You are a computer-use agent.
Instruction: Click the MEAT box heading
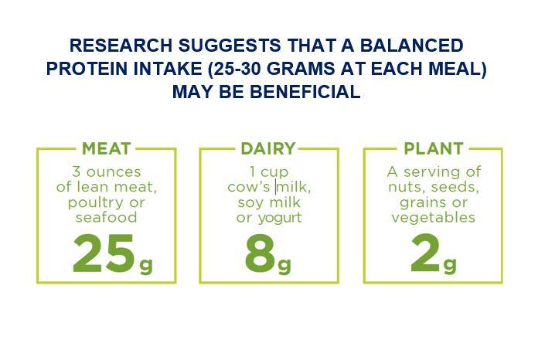107,149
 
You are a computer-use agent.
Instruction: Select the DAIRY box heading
268,149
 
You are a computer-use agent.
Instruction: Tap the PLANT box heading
434,149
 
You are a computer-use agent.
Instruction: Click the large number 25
104,253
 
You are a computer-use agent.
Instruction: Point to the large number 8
261,253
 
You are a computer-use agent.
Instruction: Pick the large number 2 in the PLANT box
425,253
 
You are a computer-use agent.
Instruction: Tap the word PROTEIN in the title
87,69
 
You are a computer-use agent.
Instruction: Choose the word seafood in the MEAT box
107,218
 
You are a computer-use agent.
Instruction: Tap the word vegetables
433,218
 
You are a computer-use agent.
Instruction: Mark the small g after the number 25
146,266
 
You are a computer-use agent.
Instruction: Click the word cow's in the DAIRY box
248,187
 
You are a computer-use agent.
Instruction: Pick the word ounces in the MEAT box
114,172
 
